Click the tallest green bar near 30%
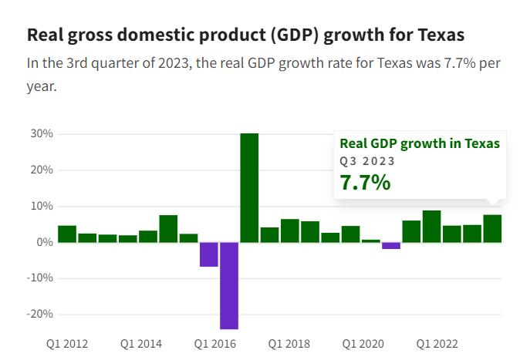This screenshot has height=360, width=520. pyautogui.click(x=249, y=187)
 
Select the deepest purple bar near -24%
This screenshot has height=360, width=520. pyautogui.click(x=229, y=285)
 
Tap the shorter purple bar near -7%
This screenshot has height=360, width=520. pyautogui.click(x=209, y=254)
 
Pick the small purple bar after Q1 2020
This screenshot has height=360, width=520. pyautogui.click(x=391, y=246)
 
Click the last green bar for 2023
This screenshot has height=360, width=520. pyautogui.click(x=492, y=228)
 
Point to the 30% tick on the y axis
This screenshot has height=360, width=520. pyautogui.click(x=42, y=133)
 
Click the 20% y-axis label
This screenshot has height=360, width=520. pyautogui.click(x=42, y=170)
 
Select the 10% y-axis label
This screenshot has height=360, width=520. pyautogui.click(x=42, y=206)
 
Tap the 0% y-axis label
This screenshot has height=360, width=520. pyautogui.click(x=45, y=242)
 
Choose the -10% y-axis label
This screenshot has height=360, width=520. pyautogui.click(x=40, y=278)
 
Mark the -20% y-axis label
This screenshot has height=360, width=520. pyautogui.click(x=40, y=314)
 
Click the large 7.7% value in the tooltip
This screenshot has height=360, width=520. pyautogui.click(x=365, y=183)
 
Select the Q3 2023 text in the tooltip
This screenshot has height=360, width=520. pyautogui.click(x=367, y=161)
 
